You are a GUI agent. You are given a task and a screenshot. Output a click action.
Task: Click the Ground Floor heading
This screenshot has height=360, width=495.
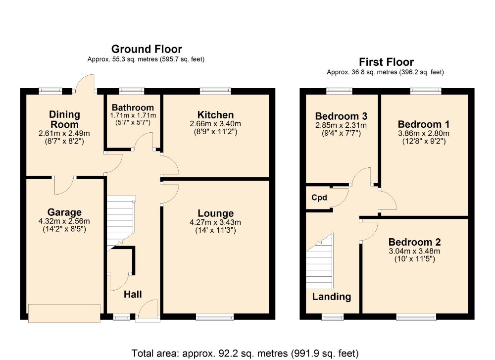click(147, 49)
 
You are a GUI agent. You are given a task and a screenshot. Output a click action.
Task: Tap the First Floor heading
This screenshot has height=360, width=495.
click(386, 62)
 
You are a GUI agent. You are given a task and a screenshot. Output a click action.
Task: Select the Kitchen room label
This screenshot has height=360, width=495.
click(216, 114)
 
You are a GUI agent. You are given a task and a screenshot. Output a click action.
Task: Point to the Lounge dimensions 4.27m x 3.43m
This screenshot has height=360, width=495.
click(215, 222)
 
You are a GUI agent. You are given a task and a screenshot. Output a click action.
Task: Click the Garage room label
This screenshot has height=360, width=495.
click(64, 212)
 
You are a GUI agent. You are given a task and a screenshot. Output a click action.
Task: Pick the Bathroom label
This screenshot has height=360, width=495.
click(133, 107)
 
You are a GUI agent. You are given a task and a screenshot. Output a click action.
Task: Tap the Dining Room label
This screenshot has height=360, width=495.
click(64, 119)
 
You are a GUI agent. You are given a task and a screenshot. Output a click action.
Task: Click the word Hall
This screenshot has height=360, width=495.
click(133, 294)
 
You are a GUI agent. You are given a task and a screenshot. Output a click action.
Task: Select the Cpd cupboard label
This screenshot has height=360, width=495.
click(319, 198)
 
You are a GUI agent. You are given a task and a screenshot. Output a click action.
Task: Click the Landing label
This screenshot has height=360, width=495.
click(332, 297)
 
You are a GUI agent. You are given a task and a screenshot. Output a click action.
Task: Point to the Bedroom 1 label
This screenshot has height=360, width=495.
click(424, 124)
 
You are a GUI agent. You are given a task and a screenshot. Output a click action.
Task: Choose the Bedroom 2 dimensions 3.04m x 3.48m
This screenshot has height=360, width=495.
click(414, 252)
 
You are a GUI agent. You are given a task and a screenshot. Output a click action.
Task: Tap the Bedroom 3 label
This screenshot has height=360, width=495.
click(341, 116)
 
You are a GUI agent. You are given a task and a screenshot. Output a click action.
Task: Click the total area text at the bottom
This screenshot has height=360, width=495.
click(245, 353)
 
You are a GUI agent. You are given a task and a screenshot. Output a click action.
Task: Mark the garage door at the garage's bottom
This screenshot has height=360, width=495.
click(64, 313)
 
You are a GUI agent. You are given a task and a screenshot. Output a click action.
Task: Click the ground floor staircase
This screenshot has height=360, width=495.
click(121, 223)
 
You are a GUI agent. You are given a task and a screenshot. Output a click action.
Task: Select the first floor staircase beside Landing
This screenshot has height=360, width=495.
click(320, 261)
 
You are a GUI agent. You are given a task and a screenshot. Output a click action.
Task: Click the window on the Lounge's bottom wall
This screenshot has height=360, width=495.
click(215, 317)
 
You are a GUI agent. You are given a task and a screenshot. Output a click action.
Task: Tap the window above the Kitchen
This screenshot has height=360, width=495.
click(215, 91)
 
